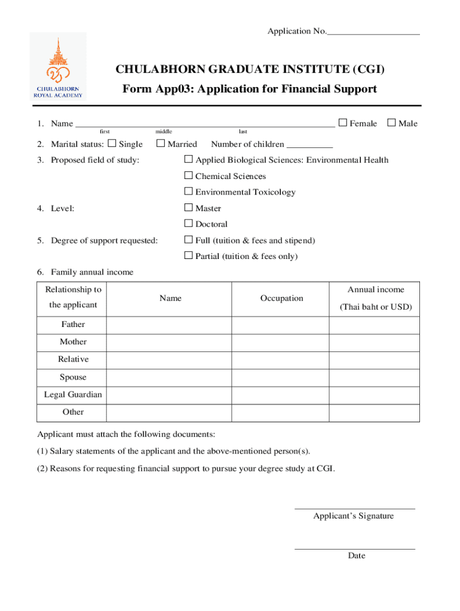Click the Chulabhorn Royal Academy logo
(58, 66)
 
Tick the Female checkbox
(343, 123)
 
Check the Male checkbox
(392, 123)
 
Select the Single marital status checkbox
(112, 143)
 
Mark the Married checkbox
(160, 143)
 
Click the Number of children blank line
(309, 145)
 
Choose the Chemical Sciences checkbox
(188, 175)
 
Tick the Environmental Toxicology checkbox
(188, 192)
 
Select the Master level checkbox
(188, 208)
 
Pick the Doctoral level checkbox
(188, 224)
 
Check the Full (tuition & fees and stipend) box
(188, 240)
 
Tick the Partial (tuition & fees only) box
(188, 256)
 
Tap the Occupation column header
(281, 298)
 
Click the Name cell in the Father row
(169, 325)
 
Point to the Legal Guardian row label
(73, 394)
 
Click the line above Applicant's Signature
(354, 508)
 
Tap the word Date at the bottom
(357, 556)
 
